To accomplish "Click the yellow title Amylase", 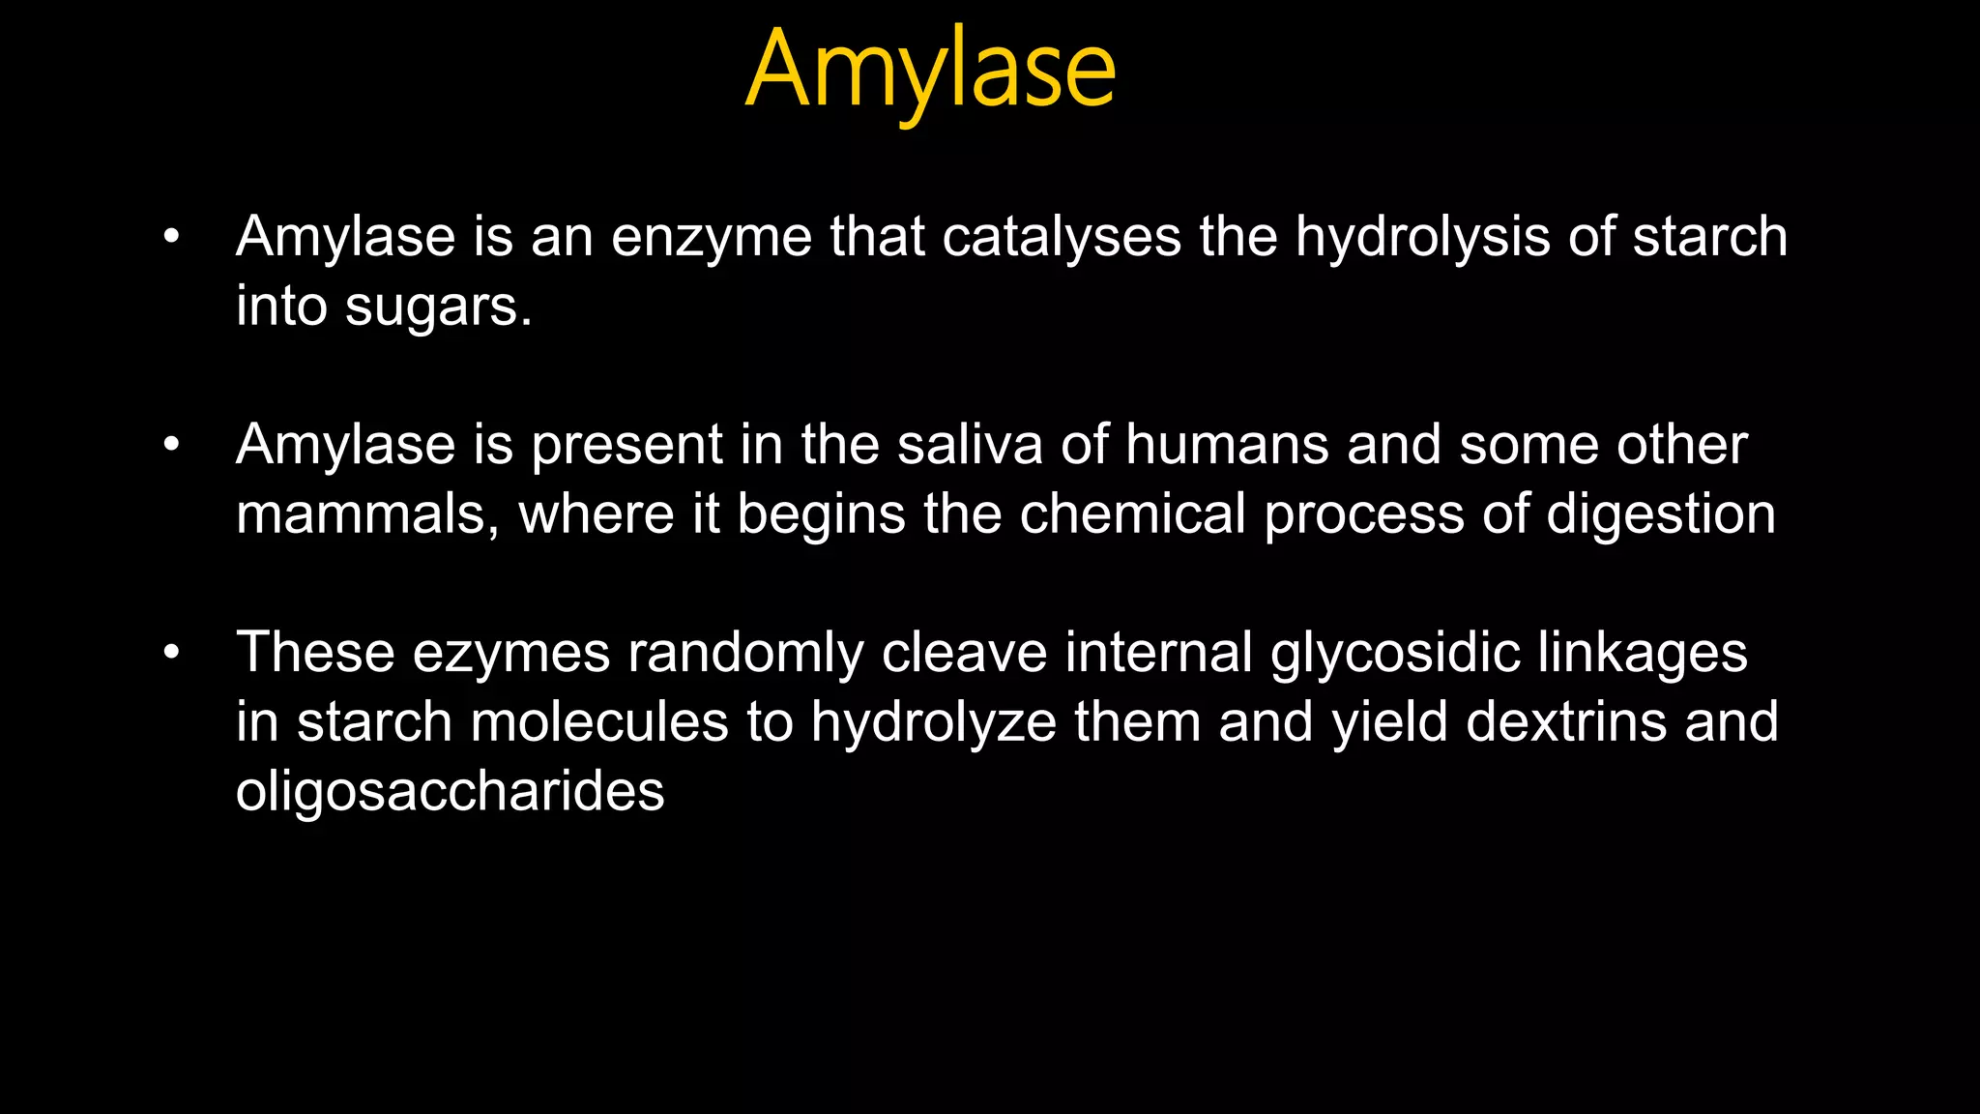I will click(931, 70).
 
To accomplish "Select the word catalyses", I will click(1062, 237).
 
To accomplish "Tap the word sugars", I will click(438, 308).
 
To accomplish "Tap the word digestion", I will click(1660, 514).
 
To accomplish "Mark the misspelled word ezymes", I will click(511, 653).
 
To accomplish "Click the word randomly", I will click(745, 653).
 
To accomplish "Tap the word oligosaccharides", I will click(450, 792).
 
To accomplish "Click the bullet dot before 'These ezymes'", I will click(172, 653).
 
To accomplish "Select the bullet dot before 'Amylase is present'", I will click(172, 445).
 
